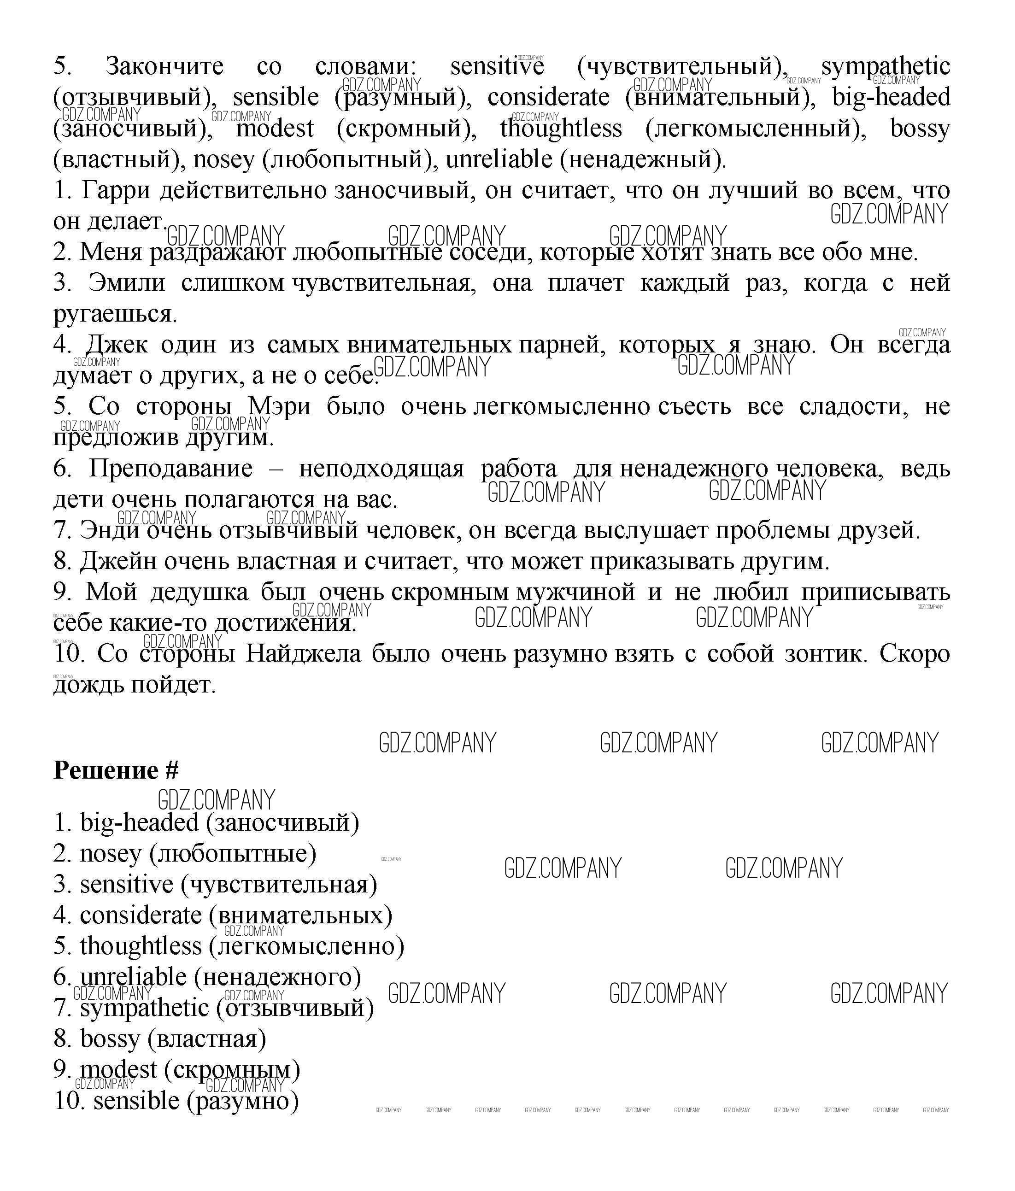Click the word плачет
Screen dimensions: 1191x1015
click(x=586, y=283)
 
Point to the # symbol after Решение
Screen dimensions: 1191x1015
click(x=172, y=771)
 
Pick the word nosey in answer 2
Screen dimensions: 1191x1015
click(x=111, y=854)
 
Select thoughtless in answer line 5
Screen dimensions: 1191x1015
click(x=141, y=947)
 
